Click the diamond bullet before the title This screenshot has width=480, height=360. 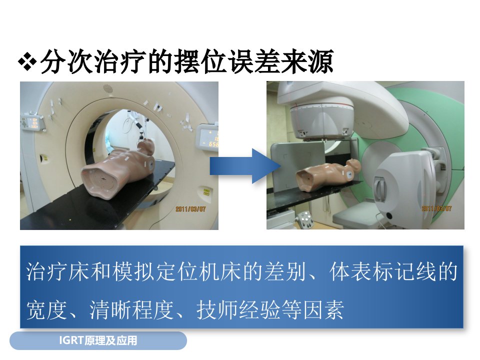coord(27,62)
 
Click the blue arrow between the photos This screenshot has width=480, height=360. coord(245,166)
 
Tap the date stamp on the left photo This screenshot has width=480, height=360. coord(190,209)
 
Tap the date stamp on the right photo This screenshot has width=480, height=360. coord(436,208)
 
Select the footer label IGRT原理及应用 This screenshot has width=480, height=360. coord(98,340)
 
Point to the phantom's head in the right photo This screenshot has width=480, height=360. coord(354,165)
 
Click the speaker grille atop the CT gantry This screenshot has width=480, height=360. coord(108,88)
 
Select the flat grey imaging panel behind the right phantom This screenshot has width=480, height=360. coord(297,165)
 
